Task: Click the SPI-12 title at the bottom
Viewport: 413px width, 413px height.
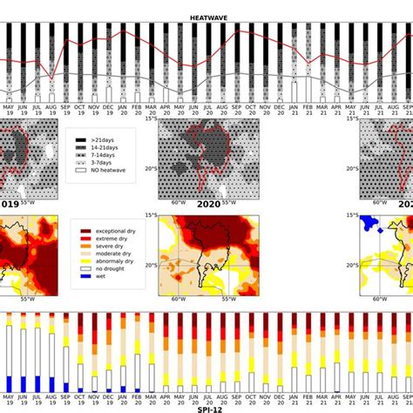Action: click(x=206, y=408)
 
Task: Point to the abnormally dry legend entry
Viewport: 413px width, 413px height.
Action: click(x=112, y=266)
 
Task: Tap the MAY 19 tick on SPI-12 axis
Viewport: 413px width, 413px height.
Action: click(x=8, y=399)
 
